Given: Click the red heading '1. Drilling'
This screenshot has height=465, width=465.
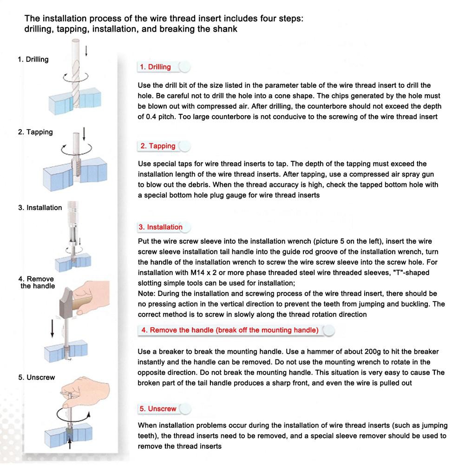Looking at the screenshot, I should (155, 67).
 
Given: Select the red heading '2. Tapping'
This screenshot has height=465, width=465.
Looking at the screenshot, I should (157, 146).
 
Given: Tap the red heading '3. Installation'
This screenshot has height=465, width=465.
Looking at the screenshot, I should (160, 227).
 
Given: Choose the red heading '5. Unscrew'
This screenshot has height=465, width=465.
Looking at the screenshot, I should (158, 409).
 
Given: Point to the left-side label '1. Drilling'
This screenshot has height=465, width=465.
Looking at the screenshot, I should (33, 59).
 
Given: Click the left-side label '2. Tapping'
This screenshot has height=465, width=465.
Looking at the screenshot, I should (35, 132).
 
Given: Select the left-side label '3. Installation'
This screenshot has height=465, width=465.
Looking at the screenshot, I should (40, 208).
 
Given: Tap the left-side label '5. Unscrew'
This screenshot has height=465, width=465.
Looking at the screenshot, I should (37, 377).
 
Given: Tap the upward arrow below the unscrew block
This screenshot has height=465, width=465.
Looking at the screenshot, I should (70, 445).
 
